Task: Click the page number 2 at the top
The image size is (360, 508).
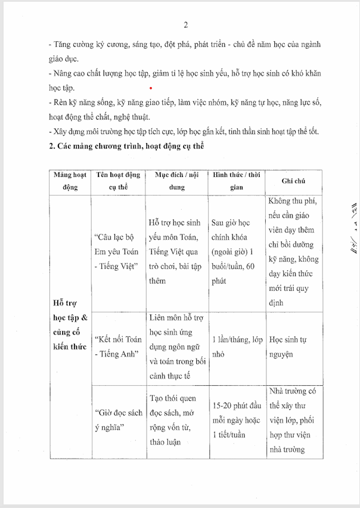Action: pyautogui.click(x=186, y=24)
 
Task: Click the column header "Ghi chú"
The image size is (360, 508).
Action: pyautogui.click(x=294, y=180)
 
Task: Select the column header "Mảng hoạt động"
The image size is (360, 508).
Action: pyautogui.click(x=70, y=180)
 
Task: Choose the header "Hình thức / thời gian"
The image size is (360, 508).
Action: pyautogui.click(x=237, y=180)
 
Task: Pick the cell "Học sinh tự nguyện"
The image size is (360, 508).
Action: pyautogui.click(x=294, y=346)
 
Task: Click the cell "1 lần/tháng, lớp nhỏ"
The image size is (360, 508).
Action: pyautogui.click(x=237, y=346)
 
